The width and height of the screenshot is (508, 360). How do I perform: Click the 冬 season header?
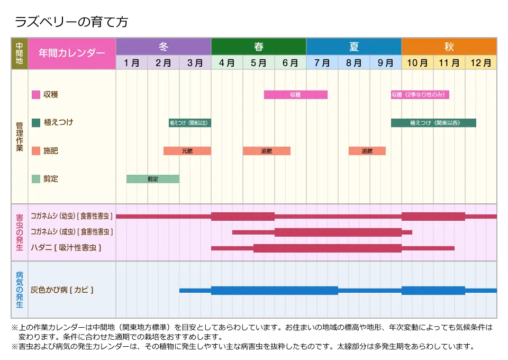[164, 47]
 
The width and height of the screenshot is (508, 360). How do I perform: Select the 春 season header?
[259, 47]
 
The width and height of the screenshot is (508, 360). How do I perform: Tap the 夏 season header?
[354, 47]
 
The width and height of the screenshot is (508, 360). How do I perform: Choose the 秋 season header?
[449, 47]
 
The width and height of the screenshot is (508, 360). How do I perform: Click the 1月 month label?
[132, 63]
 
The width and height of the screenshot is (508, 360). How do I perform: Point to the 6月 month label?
[291, 63]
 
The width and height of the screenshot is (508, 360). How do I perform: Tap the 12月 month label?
[481, 63]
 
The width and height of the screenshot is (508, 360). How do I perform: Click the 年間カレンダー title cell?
[72, 53]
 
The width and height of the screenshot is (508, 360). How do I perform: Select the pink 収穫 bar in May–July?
[295, 95]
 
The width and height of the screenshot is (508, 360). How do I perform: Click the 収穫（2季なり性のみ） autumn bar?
[420, 95]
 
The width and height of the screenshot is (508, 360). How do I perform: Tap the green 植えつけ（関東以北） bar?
[190, 123]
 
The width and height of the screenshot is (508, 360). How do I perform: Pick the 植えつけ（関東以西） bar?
[433, 123]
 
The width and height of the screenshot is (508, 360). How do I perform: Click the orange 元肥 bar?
[187, 151]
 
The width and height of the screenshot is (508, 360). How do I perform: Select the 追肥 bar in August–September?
[367, 151]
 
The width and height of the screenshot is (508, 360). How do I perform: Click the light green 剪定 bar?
[153, 179]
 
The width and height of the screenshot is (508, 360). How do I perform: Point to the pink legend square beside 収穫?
[36, 95]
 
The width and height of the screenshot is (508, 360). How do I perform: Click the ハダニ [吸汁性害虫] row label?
[66, 247]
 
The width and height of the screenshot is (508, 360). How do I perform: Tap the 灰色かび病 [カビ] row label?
[62, 290]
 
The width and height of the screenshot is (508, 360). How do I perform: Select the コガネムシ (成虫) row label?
[71, 231]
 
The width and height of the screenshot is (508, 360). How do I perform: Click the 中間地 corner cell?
[19, 53]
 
